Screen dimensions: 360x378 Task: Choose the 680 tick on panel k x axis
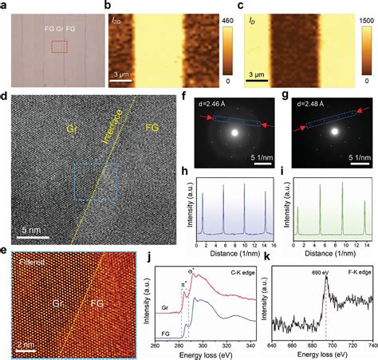[x=313, y=340]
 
